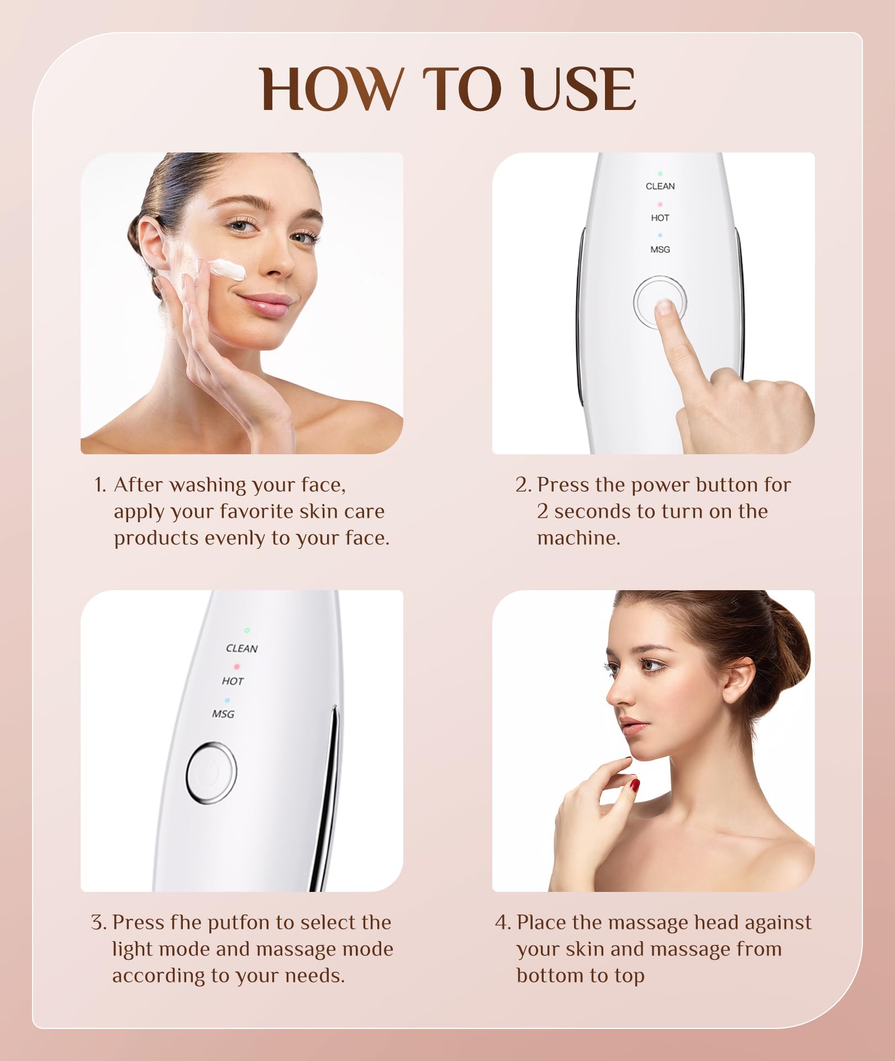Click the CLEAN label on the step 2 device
660,186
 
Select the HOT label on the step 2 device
660,218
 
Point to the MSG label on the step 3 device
223,714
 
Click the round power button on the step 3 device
212,773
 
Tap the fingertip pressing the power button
664,307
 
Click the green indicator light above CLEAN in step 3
247,630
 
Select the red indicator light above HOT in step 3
236,666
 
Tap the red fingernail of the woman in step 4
635,785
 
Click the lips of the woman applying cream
266,304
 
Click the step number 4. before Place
503,922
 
